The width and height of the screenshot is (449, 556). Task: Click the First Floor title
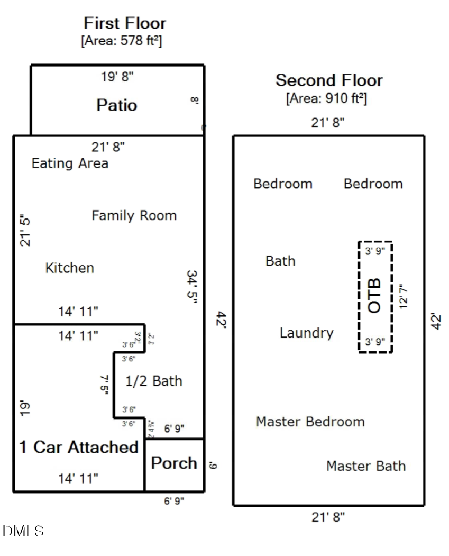pos(125,23)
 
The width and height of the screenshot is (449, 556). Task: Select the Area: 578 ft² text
pos(121,41)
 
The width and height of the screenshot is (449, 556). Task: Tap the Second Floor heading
pos(329,80)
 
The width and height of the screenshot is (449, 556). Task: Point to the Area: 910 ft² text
pos(326,98)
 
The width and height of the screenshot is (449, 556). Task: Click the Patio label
pos(116,105)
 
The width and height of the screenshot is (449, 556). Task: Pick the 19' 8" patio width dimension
pos(117,77)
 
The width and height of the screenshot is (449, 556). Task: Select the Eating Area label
pos(70,163)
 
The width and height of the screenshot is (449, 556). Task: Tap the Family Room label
pos(134,216)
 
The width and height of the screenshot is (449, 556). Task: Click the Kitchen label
pos(69,268)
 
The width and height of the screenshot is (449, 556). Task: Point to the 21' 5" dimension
pos(25,231)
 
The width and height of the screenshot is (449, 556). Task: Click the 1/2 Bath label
pos(153,381)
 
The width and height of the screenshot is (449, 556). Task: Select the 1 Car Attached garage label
pos(79,447)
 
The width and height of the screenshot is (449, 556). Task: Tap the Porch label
pos(174,463)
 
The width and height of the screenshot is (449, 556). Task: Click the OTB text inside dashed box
pos(374,296)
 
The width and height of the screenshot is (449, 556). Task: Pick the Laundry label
pos(306,333)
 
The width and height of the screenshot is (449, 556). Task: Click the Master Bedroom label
pos(310,422)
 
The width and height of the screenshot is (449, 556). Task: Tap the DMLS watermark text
pos(23,531)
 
